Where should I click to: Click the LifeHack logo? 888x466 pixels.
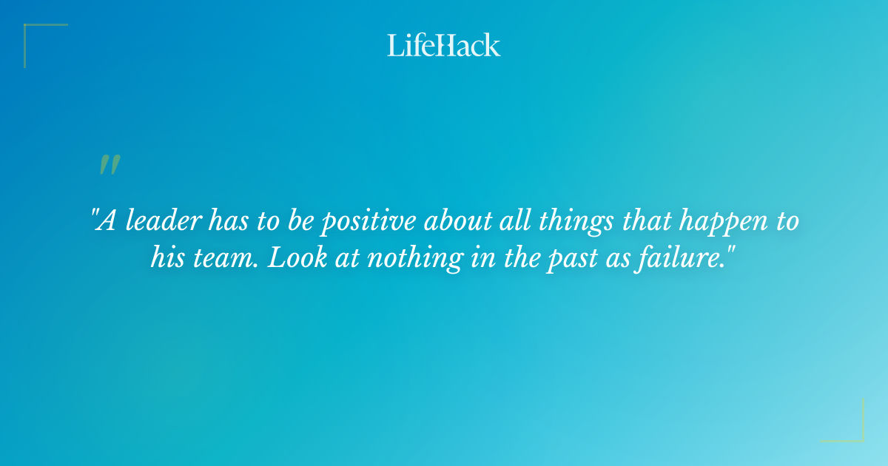(x=444, y=45)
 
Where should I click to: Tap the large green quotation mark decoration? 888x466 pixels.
(x=110, y=165)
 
